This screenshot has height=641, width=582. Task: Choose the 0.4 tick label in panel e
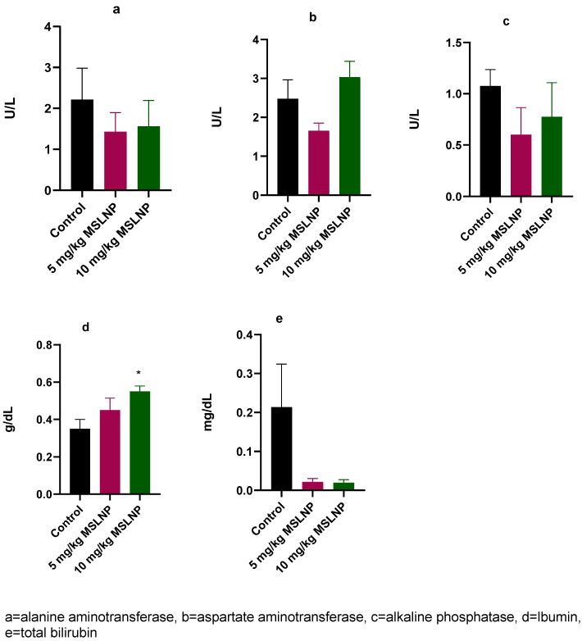coord(243,334)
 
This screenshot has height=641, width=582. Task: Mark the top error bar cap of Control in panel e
coord(280,364)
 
